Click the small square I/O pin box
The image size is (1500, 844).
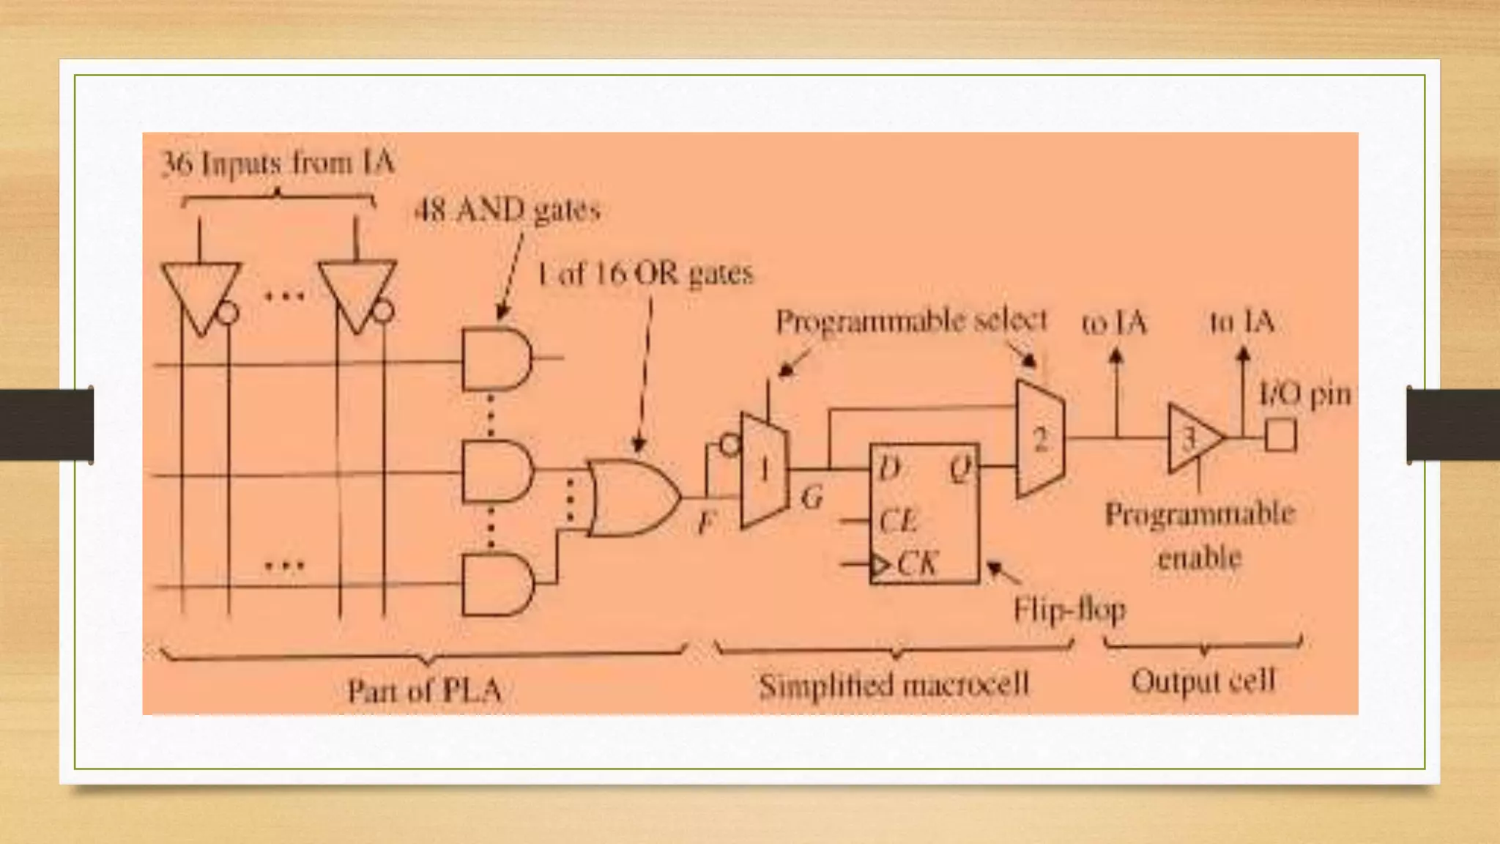(1280, 435)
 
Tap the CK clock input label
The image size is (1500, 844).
(916, 564)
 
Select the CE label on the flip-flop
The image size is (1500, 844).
(897, 522)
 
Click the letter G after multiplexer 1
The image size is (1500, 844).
(812, 498)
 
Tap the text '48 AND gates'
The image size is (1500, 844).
(507, 211)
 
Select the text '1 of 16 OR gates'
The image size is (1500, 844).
(645, 274)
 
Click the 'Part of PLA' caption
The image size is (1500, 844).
(424, 690)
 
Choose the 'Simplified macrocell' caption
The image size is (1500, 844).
(894, 686)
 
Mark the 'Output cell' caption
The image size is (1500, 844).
(1203, 681)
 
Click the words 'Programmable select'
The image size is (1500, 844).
(911, 321)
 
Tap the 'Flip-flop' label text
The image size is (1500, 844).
(1069, 610)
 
